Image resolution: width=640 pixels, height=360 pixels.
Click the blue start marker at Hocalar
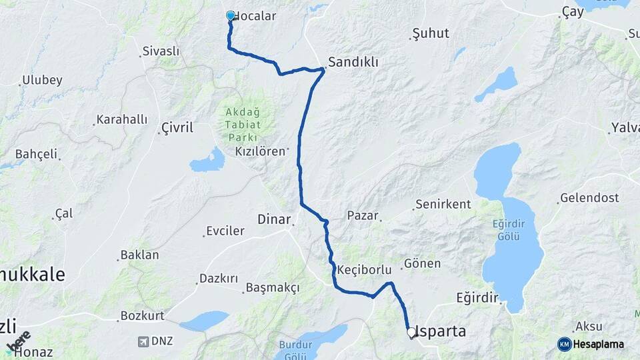tap(231, 15)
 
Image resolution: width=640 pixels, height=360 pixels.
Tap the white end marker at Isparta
tap(411, 331)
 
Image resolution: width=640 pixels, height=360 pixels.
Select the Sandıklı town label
tap(353, 62)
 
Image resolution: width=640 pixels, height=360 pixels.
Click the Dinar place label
tap(273, 219)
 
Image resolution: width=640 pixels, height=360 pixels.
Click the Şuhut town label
tap(431, 33)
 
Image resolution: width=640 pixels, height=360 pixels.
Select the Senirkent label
tap(443, 205)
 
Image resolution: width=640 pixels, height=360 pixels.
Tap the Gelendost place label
tap(589, 198)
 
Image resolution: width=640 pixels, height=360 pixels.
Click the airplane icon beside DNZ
tap(142, 341)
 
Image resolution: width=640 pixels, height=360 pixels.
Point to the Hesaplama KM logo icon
tap(565, 344)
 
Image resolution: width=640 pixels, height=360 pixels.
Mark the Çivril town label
tap(177, 127)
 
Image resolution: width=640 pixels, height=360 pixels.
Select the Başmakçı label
tap(272, 287)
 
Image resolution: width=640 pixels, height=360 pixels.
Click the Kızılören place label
tap(260, 151)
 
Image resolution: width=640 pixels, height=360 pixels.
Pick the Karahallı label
tap(121, 120)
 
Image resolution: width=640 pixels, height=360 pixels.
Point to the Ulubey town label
tap(42, 81)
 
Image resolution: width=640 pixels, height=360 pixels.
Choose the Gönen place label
tap(422, 264)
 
